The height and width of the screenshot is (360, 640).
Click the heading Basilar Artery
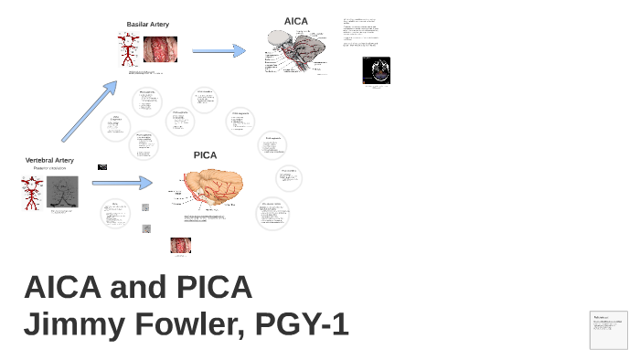(147, 25)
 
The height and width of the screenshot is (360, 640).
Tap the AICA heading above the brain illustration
(296, 21)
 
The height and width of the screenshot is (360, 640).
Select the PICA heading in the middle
(206, 155)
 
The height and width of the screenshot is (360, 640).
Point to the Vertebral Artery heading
(49, 161)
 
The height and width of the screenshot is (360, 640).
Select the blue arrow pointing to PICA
(122, 183)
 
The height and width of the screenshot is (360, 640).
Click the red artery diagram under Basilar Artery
(129, 49)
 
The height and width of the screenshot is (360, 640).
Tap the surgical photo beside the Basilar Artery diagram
(160, 49)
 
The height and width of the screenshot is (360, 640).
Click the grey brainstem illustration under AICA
(297, 51)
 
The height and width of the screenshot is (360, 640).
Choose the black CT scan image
(376, 70)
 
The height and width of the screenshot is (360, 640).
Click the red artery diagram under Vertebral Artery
(33, 193)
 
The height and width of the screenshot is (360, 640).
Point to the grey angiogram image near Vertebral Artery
(62, 192)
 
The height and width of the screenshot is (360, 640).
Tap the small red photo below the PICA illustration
(180, 245)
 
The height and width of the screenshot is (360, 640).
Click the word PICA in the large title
(209, 287)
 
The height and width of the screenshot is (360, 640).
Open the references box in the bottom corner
(608, 330)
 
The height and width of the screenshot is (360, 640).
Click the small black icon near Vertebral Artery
(102, 167)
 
